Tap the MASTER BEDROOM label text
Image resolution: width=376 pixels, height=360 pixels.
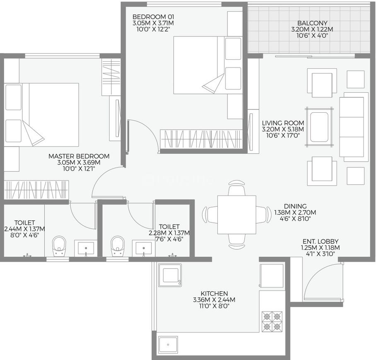pyautogui.click(x=79, y=156)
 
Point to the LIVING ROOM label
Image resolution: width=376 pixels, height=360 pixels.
pyautogui.click(x=283, y=123)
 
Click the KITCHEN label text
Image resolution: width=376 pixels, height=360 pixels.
pyautogui.click(x=214, y=293)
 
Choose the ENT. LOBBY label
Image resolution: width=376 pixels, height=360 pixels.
pyautogui.click(x=321, y=241)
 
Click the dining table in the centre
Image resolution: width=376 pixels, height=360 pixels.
pyautogui.click(x=236, y=214)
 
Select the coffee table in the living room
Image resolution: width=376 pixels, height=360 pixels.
pyautogui.click(x=319, y=127)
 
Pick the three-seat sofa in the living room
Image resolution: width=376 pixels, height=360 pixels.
pyautogui.click(x=353, y=127)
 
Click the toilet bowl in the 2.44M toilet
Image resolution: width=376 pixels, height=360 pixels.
pyautogui.click(x=59, y=245)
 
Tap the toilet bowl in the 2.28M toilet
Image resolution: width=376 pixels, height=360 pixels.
pyautogui.click(x=118, y=245)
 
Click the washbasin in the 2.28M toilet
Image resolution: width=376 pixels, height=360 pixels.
pyautogui.click(x=144, y=248)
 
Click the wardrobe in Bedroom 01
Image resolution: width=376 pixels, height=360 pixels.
pyautogui.click(x=201, y=139)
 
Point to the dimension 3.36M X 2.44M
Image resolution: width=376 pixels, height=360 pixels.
pyautogui.click(x=214, y=300)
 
